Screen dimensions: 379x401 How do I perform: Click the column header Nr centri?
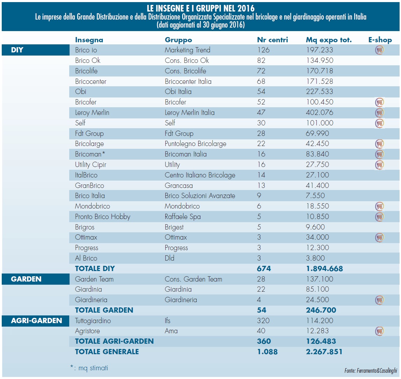coord(272,40)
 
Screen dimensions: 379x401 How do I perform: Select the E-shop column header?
coord(380,40)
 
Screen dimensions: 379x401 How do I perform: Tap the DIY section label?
coord(17,50)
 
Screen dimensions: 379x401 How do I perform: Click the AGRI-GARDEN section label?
coord(36,321)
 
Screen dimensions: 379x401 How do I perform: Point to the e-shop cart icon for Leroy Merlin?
coord(379,112)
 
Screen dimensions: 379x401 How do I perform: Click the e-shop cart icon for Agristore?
coord(379,331)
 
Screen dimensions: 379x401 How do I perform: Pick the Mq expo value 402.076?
coord(320,112)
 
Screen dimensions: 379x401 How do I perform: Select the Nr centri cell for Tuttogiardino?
coord(263,321)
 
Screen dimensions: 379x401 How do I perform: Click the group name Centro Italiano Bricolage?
coord(200,175)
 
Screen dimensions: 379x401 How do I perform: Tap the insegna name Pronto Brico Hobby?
coord(102,217)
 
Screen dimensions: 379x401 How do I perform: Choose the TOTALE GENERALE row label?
coord(107,352)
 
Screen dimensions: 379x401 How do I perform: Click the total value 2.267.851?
coord(324,352)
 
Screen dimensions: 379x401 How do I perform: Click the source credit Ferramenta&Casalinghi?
coord(371,371)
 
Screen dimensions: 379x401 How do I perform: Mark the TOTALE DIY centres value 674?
coord(264,269)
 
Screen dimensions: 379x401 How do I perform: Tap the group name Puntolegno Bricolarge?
coord(195,144)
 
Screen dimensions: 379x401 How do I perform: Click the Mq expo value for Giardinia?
coord(317,289)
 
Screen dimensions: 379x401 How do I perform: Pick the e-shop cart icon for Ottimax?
coord(379,238)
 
